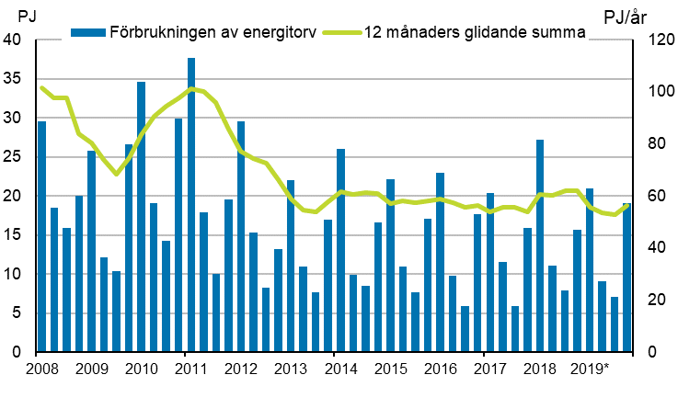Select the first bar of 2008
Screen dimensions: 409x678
coord(41,236)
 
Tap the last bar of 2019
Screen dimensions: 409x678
coord(627,278)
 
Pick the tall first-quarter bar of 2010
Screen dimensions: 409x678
coord(141,217)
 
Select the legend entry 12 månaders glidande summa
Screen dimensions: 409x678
coord(465,32)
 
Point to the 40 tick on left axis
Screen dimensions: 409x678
coord(13,40)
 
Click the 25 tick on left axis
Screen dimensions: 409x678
coord(13,157)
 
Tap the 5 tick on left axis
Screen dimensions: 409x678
coord(17,313)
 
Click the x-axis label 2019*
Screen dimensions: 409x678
coord(590,370)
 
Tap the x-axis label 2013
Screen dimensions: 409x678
coord(291,370)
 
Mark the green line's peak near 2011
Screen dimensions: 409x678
coord(191,89)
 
